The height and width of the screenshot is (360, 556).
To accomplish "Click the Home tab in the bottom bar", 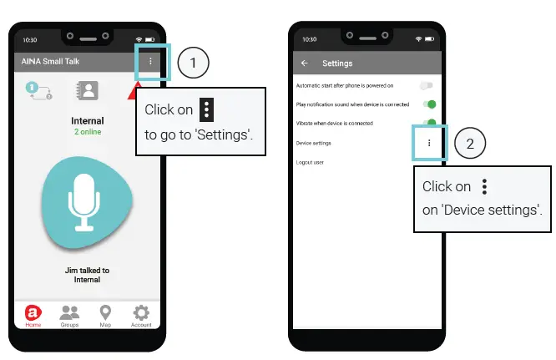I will [33, 316].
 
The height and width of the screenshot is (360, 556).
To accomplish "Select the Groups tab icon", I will [69, 316].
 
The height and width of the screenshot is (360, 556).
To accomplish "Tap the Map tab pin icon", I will [105, 316].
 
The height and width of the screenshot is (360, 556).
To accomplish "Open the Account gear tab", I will [141, 316].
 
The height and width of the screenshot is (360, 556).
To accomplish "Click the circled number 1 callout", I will [193, 63].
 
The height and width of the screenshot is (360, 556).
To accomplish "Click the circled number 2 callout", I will [469, 144].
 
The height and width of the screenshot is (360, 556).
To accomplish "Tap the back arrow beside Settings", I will [304, 63].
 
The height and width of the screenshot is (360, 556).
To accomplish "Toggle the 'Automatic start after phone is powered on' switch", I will [427, 85].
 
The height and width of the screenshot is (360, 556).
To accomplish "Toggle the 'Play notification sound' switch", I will [430, 104].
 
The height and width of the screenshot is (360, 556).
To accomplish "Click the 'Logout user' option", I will [310, 162].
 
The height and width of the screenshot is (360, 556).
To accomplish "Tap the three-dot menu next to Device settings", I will [429, 143].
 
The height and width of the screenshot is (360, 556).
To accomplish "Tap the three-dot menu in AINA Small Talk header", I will [150, 62].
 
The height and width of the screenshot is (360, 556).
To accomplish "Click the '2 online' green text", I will [87, 132].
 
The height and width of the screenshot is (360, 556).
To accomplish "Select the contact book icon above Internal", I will [87, 90].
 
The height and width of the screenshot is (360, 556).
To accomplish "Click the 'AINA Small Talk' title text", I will [51, 62].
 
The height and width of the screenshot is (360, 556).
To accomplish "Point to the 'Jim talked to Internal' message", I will [87, 275].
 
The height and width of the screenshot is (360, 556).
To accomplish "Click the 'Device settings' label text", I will [314, 143].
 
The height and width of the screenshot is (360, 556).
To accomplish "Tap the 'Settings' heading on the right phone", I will [337, 63].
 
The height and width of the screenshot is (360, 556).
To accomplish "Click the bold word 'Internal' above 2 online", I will [87, 121].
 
